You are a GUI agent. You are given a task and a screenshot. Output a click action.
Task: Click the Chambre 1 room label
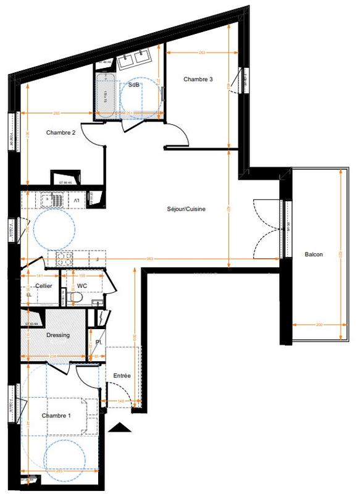[x=56, y=416]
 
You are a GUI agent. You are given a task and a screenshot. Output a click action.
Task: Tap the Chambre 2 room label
[x=61, y=132]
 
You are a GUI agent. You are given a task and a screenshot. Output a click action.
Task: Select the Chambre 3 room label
[x=198, y=79]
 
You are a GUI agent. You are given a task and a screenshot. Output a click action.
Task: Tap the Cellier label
[x=43, y=286]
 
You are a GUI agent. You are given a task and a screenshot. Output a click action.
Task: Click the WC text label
[x=82, y=286]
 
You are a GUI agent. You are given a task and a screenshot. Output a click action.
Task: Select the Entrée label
[x=122, y=375]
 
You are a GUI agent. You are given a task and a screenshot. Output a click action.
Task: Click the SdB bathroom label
[x=133, y=85]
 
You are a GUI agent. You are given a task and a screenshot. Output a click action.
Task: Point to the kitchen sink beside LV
[x=49, y=201]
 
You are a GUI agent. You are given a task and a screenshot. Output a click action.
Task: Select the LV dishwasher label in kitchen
[x=77, y=201]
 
